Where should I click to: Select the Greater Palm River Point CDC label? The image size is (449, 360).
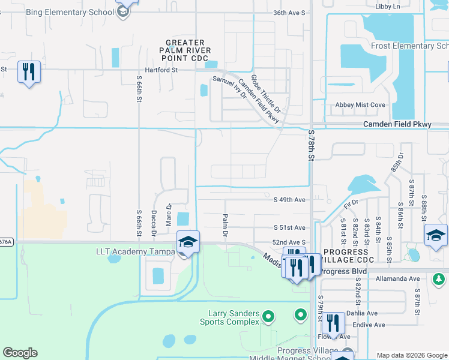tap(187, 50)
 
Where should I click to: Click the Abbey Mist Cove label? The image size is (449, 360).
tap(360, 105)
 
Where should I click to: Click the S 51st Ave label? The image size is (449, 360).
tap(289, 228)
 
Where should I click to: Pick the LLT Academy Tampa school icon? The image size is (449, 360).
tap(188, 242)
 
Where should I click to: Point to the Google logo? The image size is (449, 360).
tap(20, 353)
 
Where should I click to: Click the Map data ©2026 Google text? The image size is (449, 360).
tap(411, 355)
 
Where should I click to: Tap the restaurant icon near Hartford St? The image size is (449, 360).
tap(29, 72)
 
